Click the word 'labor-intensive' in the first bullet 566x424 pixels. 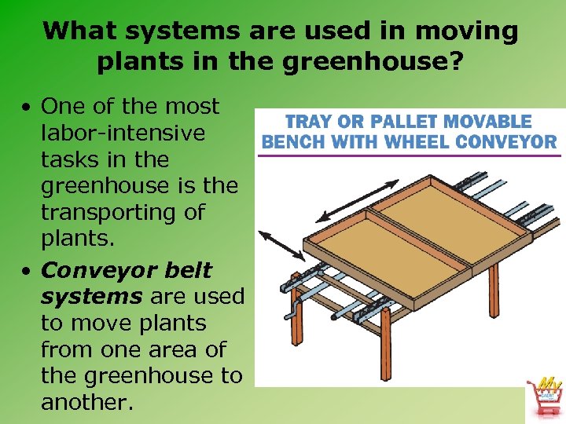(123, 133)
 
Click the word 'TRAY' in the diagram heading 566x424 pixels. (311, 122)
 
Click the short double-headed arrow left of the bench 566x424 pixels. (281, 244)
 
